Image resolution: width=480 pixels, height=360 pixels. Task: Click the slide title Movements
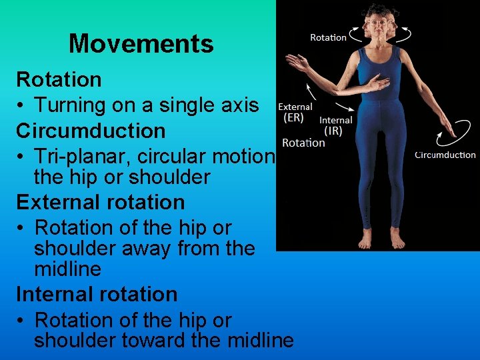[141, 44]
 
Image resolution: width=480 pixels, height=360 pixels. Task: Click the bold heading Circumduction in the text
[90, 131]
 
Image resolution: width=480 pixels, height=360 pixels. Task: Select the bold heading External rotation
[99, 202]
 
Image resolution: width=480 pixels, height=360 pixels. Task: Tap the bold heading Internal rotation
[96, 294]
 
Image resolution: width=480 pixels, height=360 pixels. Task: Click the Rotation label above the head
[328, 37]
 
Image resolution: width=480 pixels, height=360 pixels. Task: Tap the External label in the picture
[295, 107]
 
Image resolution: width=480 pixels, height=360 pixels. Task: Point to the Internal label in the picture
[336, 121]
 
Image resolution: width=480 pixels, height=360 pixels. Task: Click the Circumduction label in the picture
[445, 155]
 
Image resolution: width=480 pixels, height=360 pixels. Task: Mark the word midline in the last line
[260, 341]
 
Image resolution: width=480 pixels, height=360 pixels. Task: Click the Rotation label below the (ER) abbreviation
[303, 142]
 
